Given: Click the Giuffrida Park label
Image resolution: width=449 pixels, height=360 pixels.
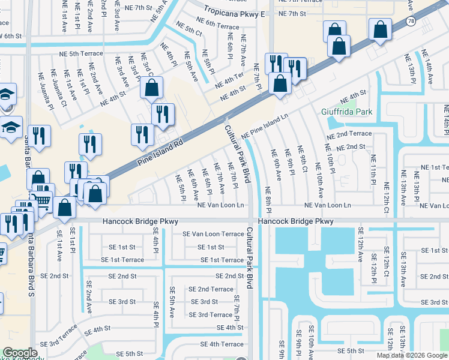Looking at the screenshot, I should point(346,112).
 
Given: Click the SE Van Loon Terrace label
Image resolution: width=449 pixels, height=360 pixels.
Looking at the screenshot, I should point(213,234).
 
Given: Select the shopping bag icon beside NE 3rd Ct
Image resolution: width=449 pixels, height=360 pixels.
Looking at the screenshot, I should point(152,88).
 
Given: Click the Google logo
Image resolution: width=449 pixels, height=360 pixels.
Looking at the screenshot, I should point(20,353).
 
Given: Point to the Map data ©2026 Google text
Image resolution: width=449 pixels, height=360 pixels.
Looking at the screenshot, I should point(412,355).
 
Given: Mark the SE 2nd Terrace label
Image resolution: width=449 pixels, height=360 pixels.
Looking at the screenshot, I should point(211,289).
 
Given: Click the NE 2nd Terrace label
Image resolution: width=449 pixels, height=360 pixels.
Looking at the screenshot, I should point(349,134).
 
